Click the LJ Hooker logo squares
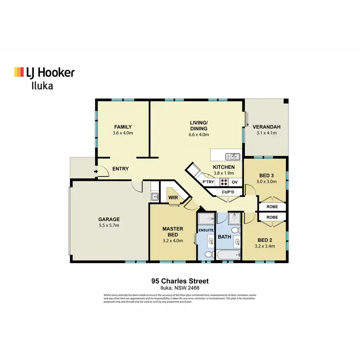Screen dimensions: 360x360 19,72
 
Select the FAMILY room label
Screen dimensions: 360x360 123,127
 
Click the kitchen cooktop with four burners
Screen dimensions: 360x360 224,182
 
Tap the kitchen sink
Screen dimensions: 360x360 233,156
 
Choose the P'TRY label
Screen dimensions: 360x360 208,182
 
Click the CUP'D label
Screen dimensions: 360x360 228,192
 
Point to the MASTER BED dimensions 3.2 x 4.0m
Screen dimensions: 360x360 173,240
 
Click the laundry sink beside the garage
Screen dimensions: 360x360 155,196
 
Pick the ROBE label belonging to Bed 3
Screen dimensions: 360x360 272,207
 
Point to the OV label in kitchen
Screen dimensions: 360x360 235,182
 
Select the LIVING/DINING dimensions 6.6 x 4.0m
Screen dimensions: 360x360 198,135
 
